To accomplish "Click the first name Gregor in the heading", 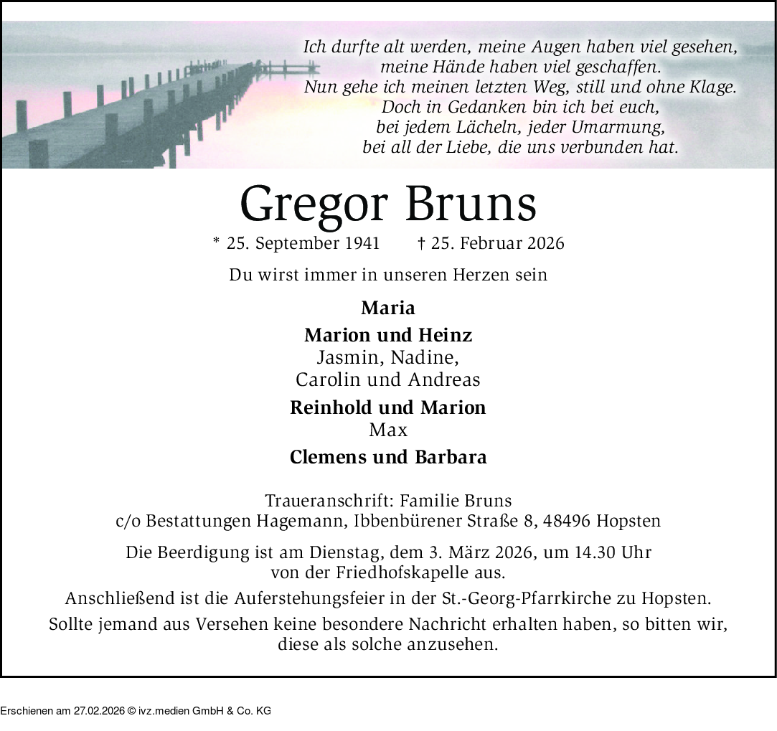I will (316, 204).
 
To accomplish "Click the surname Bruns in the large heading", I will (471, 203).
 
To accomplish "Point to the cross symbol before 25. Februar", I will (420, 243).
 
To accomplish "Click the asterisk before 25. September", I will (216, 242).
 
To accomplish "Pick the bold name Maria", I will (388, 308).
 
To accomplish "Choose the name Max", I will (388, 430).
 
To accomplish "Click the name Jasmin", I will (342, 357).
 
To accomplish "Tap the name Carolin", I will (324, 379).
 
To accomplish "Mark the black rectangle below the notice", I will (136, 704).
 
